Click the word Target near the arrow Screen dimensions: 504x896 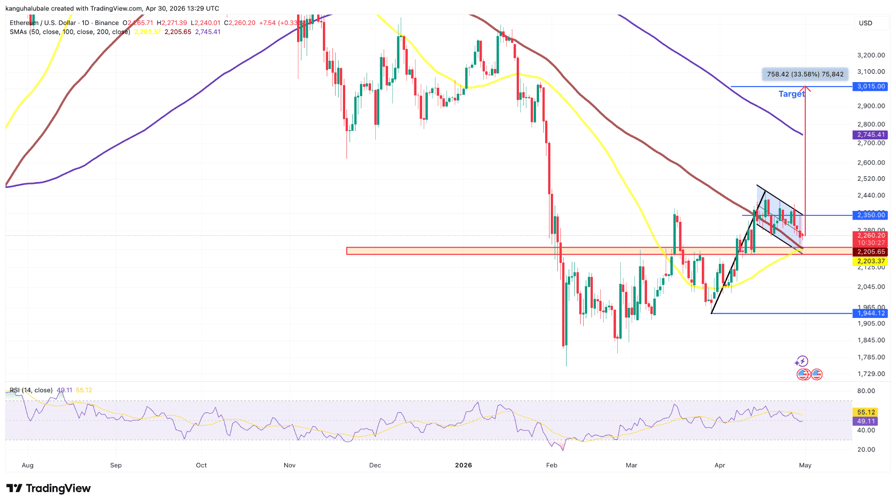point(791,94)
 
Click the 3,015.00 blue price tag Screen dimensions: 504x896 point(869,87)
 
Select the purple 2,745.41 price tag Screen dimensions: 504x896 point(869,135)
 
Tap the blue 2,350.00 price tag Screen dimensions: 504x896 point(869,215)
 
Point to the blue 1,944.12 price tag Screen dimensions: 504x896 point(869,313)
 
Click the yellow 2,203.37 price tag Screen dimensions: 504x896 point(869,261)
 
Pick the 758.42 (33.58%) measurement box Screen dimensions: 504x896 point(805,74)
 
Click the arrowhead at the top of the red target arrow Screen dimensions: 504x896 point(805,90)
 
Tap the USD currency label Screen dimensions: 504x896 point(865,23)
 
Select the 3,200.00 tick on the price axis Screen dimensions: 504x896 point(871,55)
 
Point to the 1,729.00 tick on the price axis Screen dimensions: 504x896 point(871,373)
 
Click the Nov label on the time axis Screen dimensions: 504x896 point(290,465)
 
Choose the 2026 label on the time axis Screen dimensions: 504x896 point(462,465)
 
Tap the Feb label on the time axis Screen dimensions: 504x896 point(552,465)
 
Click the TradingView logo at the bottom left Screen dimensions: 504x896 point(48,489)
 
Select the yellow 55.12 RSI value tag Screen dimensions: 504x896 point(865,412)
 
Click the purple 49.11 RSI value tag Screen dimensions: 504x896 point(865,421)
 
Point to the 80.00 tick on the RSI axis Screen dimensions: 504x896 point(866,391)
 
